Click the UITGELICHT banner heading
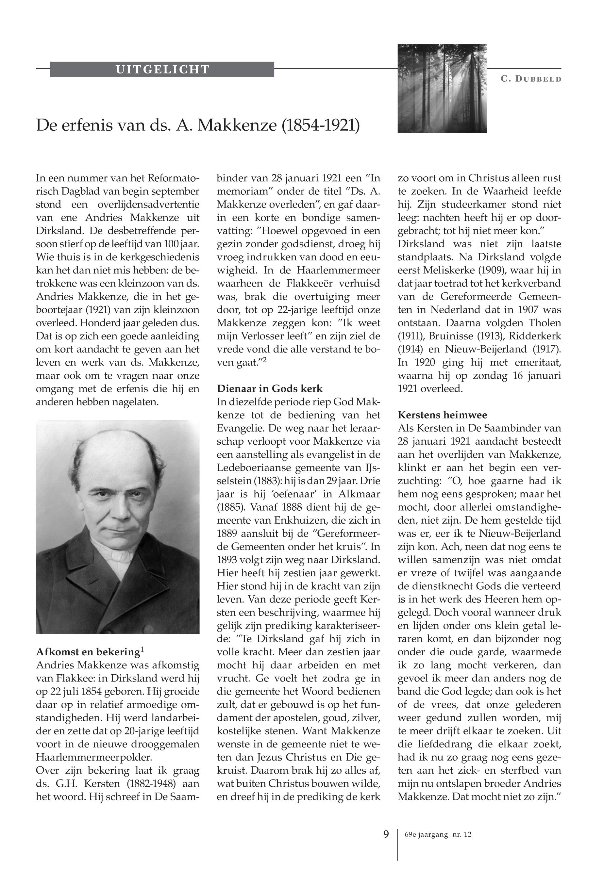click(162, 70)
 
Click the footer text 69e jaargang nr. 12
click(438, 835)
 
